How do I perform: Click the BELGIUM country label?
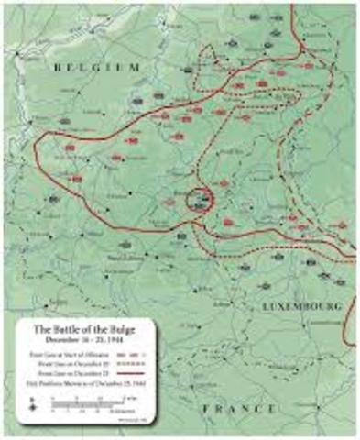[96, 67]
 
